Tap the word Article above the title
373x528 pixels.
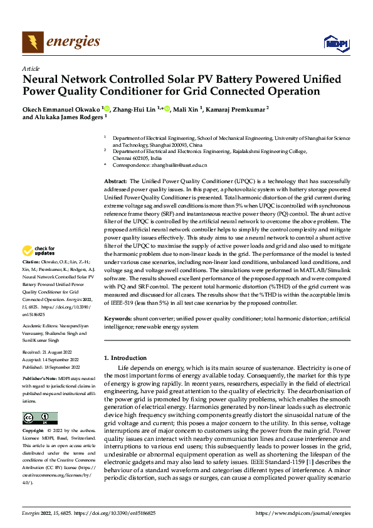(31, 68)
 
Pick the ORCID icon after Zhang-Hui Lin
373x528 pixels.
(166, 108)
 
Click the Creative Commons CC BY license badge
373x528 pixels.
(39, 418)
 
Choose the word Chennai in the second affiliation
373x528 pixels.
(122, 158)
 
